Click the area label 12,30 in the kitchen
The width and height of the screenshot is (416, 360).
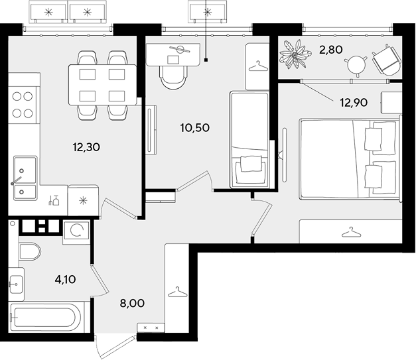coord(86,147)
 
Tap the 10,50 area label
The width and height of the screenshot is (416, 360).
coord(195,128)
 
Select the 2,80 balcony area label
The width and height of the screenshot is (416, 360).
coord(331,50)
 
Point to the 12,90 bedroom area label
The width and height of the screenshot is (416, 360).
coord(354,102)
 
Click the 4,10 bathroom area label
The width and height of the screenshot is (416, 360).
coord(65,279)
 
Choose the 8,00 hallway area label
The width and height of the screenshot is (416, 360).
coord(132,303)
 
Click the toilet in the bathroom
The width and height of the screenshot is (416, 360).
coord(30,251)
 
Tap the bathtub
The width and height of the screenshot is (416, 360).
coord(46,317)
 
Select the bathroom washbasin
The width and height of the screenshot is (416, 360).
coord(16,284)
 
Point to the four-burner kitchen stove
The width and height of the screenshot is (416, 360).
coord(23,105)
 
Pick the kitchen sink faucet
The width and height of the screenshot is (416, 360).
coord(16,181)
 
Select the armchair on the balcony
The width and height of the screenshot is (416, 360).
coord(386,60)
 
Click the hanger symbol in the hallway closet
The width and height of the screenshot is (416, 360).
coord(178,292)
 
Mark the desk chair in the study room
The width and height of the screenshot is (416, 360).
coord(174,78)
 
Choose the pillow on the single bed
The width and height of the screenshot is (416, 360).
coord(250,164)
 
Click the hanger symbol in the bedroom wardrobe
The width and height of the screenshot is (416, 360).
coord(351,232)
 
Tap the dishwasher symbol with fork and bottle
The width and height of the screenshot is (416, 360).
coord(54,201)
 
